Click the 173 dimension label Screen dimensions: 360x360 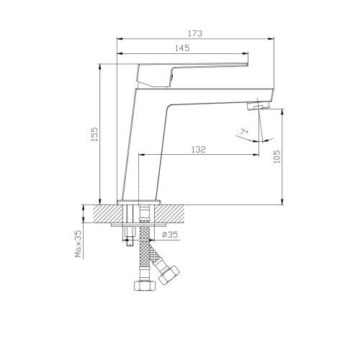tap(195, 33)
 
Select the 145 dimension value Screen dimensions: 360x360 tap(182, 48)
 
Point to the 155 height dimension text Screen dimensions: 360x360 tap(95, 134)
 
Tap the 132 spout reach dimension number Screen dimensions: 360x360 tap(199, 150)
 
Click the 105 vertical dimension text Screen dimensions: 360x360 tap(276, 156)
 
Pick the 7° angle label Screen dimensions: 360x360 tap(244, 132)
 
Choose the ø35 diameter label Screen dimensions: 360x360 tap(170, 234)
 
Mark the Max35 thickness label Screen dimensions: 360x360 tap(78, 243)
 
